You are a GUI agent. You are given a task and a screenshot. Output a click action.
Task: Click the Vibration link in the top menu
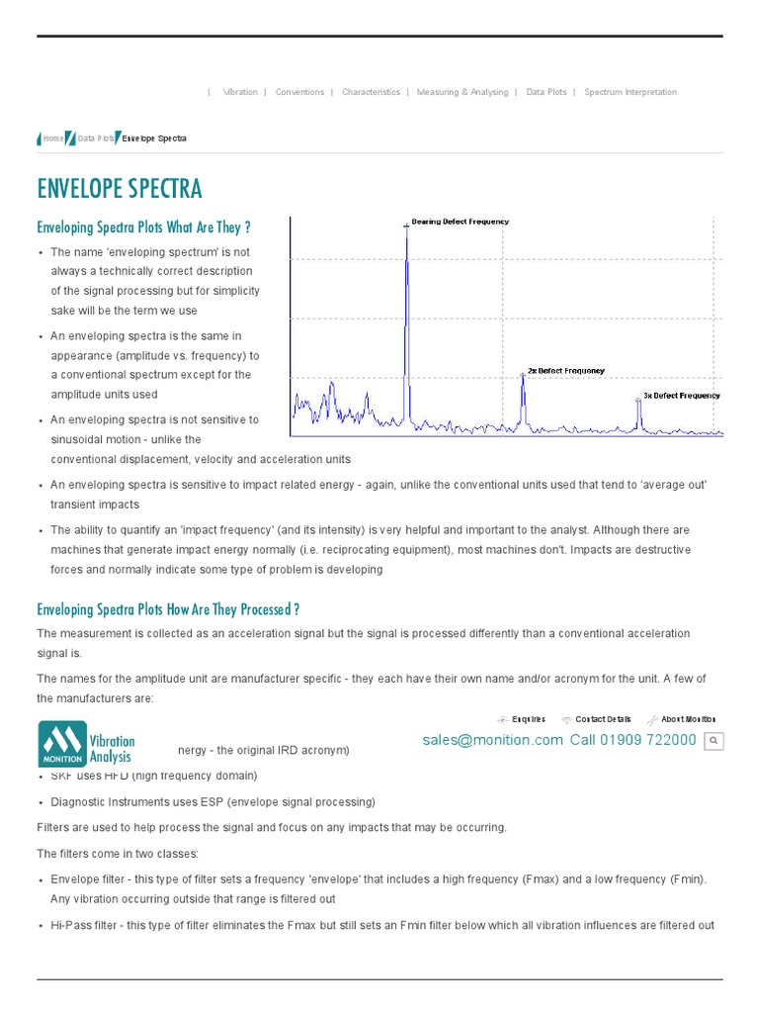240,92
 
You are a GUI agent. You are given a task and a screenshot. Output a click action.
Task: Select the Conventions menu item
299,92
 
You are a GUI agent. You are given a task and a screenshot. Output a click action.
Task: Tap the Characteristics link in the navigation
371,92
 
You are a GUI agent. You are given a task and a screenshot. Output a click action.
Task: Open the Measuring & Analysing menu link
463,92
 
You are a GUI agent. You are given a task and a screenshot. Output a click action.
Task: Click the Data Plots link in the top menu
547,92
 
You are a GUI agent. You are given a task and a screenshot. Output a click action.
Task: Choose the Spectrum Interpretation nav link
631,92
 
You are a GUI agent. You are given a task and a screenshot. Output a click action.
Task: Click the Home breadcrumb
53,138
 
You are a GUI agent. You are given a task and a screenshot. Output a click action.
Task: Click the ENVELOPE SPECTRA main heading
119,188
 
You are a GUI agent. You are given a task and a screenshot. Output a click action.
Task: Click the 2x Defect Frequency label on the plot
565,371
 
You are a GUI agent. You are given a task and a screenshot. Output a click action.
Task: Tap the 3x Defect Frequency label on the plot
681,396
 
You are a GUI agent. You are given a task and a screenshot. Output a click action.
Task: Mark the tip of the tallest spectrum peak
406,229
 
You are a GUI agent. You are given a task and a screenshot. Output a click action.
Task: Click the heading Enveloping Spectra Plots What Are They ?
143,228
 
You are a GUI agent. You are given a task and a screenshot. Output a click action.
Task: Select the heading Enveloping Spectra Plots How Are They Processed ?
168,609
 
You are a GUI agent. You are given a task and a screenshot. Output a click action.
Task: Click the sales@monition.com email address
492,740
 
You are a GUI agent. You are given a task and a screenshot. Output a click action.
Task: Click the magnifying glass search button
715,741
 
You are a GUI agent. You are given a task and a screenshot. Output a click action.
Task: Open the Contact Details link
603,719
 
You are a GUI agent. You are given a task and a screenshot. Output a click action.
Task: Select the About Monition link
689,719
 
